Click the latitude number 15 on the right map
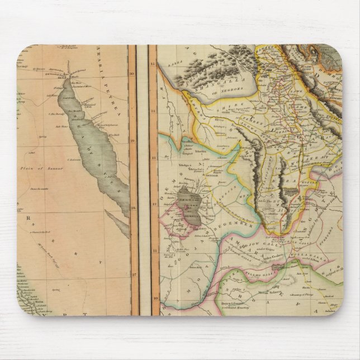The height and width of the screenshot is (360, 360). tap(153, 64)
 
